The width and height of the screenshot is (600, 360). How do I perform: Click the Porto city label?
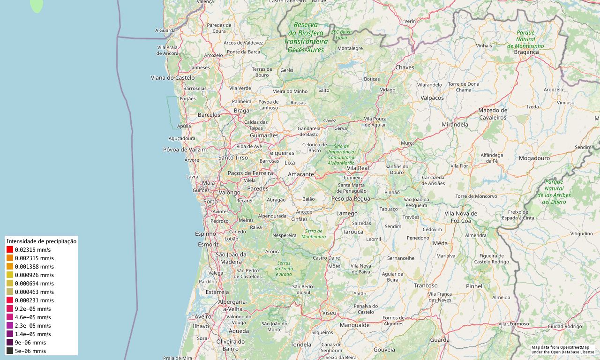click(x=210, y=202)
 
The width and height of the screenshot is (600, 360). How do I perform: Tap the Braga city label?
click(x=241, y=111)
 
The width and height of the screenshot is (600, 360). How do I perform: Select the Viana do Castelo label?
click(x=172, y=77)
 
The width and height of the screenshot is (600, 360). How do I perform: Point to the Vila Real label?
click(x=358, y=168)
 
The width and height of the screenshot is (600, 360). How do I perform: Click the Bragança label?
click(x=526, y=52)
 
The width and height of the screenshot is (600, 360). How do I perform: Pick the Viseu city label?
click(x=329, y=313)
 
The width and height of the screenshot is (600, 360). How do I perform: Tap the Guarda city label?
click(x=440, y=340)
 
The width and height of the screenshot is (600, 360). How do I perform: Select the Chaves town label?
click(x=405, y=67)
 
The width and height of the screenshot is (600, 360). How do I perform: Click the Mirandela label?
click(x=455, y=125)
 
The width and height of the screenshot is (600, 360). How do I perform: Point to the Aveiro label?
click(x=203, y=317)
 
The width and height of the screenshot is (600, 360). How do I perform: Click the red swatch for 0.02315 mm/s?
click(x=10, y=250)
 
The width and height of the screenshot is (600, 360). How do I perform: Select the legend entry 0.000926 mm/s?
click(x=34, y=275)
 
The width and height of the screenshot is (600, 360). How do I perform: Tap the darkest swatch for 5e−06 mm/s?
click(x=10, y=351)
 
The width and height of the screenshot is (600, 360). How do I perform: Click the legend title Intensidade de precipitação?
click(x=41, y=241)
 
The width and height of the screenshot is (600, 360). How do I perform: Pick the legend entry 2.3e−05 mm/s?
click(x=33, y=326)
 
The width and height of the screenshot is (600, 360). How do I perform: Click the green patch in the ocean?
click(x=37, y=5)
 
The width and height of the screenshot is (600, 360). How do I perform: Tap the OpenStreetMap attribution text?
click(x=562, y=349)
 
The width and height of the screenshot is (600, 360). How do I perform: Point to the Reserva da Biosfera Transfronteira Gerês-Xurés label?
click(x=306, y=37)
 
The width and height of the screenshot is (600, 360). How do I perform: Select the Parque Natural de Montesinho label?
click(x=525, y=39)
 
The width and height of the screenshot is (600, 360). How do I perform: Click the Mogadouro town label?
click(x=534, y=158)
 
